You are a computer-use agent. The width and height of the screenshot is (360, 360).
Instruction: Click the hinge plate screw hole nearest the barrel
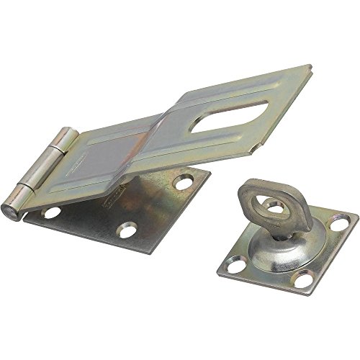pyautogui.click(x=52, y=213)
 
